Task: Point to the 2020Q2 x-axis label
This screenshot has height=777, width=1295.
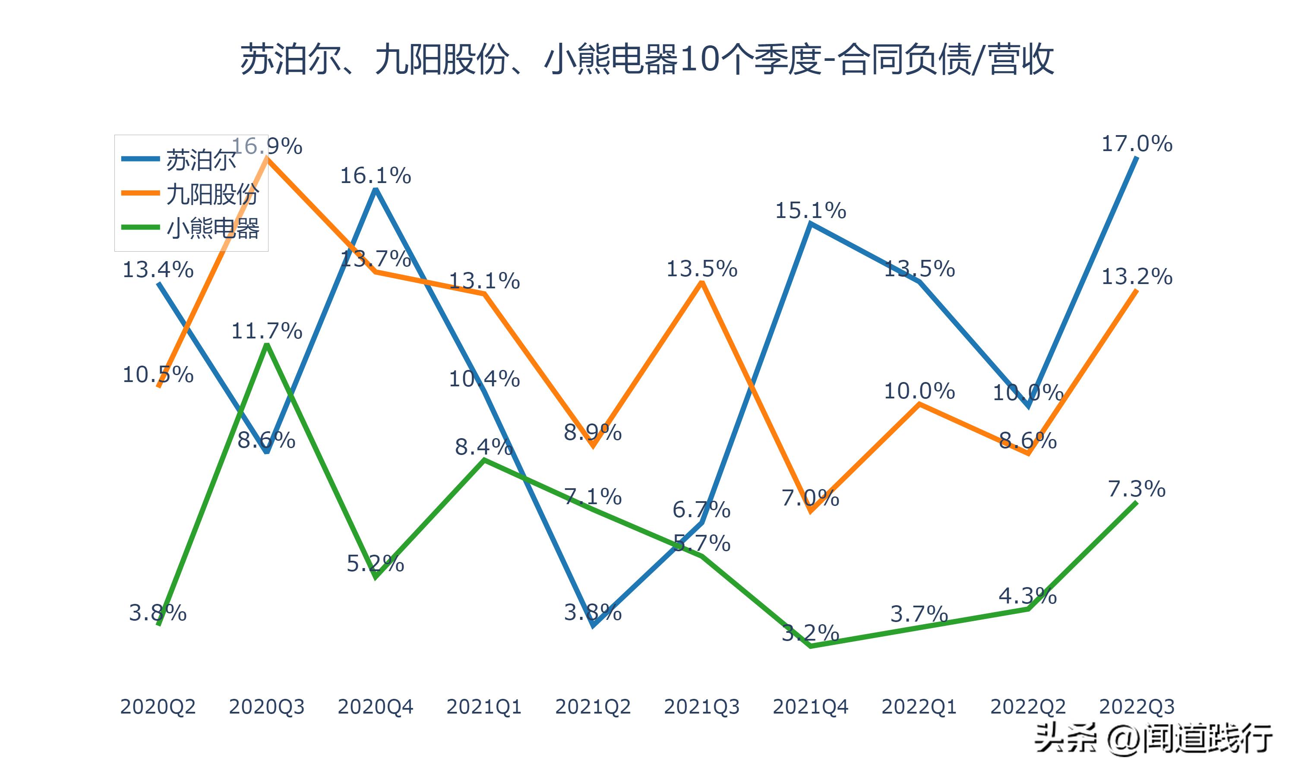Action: click(158, 707)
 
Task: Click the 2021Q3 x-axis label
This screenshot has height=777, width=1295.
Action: click(701, 707)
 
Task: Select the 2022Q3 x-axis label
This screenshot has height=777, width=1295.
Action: click(1137, 707)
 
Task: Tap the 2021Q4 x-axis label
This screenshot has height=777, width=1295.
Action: click(810, 707)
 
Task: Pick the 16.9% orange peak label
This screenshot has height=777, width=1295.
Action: click(267, 146)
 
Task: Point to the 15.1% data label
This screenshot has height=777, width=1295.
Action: click(810, 211)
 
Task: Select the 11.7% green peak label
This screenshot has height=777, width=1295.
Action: click(267, 331)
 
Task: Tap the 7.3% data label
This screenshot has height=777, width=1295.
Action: click(1137, 489)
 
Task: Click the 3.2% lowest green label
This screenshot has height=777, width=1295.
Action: click(810, 634)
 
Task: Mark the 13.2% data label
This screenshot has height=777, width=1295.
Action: click(1137, 276)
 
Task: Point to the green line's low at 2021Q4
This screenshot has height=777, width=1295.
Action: click(810, 647)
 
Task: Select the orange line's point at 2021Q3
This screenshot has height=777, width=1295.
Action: click(701, 283)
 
